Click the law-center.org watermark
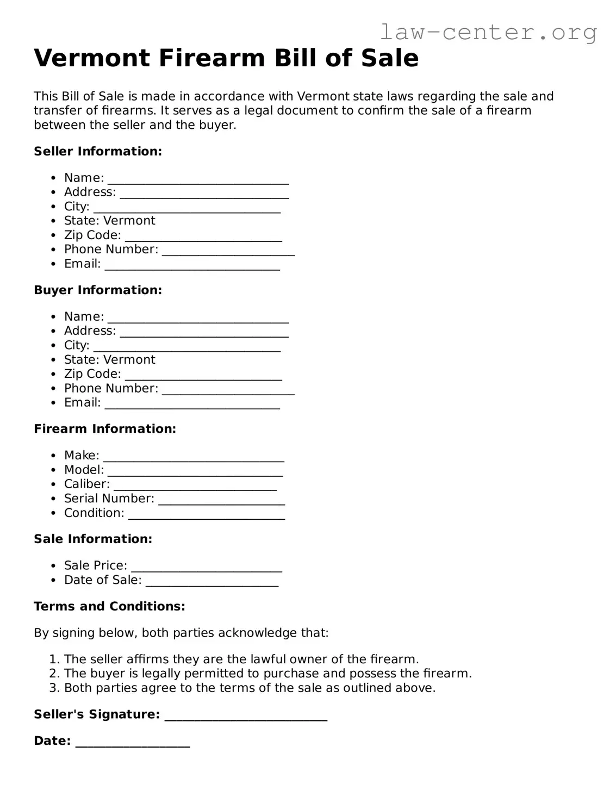click(488, 32)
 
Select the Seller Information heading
click(98, 151)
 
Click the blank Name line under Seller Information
click(198, 179)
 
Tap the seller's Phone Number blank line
click(228, 251)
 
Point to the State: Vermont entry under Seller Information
click(109, 221)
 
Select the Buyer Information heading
click(98, 290)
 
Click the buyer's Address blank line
click(204, 332)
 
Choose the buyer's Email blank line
click(192, 404)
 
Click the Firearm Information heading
click(105, 429)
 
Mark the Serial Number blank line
click(221, 500)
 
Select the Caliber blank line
click(195, 485)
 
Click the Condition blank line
click(207, 514)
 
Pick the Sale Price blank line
click(207, 567)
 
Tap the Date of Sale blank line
click(212, 582)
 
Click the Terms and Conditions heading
click(109, 606)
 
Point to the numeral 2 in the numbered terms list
click(53, 674)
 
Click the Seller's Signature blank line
click(246, 716)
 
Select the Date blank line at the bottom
click(133, 743)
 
